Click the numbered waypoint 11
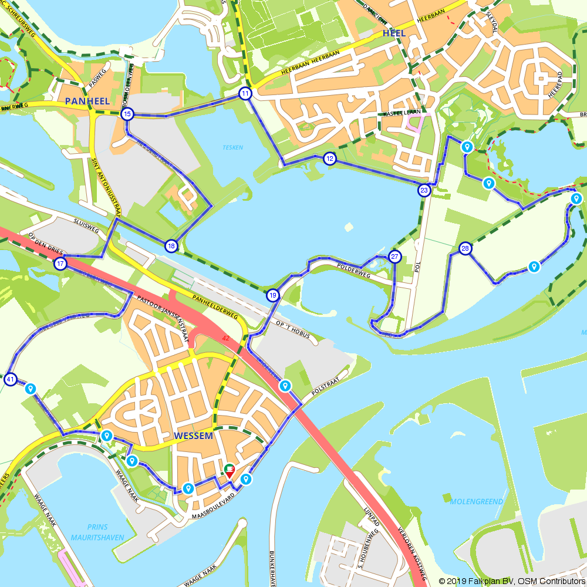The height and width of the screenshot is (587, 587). coord(245,93)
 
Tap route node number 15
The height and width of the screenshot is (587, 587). coord(127,114)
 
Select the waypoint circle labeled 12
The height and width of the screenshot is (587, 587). coord(330,158)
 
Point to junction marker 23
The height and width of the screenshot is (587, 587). coord(424,190)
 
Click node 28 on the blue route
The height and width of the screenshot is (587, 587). coord(465,249)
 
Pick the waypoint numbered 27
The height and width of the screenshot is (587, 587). coord(394,257)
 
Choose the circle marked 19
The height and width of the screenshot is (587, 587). coord(272,295)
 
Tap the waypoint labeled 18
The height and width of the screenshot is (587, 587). coord(171,245)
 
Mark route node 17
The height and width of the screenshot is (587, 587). coord(61,264)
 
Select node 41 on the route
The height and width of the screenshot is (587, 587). coord(11,379)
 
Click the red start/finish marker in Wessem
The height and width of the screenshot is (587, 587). coord(230,470)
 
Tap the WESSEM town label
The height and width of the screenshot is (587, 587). coord(193,437)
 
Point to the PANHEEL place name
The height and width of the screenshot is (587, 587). coord(87,101)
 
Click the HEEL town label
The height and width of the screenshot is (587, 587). coord(393,33)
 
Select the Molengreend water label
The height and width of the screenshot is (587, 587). coord(476,502)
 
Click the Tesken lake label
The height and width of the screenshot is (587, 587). coord(232,148)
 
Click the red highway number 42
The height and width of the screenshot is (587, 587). coord(226,339)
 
